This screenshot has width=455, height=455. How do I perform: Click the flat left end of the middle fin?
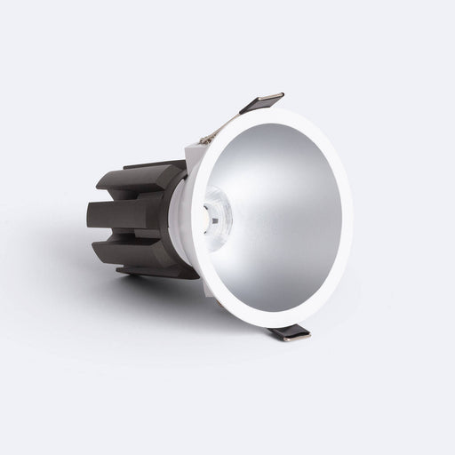pyautogui.click(x=92, y=213)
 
